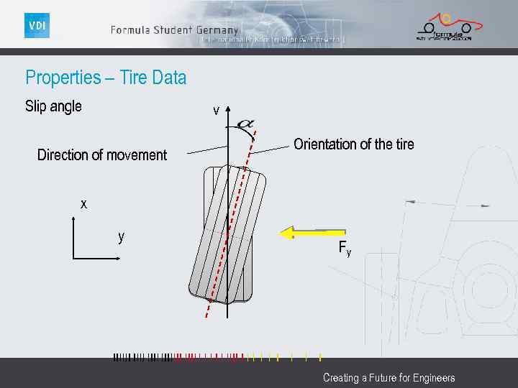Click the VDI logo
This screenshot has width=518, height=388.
[x=37, y=26]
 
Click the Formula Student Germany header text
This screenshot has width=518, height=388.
[x=174, y=30]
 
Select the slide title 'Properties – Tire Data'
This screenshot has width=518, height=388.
[x=106, y=78]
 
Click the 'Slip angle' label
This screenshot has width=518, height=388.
[x=53, y=106]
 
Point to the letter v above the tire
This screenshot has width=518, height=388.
[x=216, y=111]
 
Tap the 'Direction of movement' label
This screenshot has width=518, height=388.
[x=101, y=155]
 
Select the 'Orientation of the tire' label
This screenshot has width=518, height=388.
[x=353, y=144]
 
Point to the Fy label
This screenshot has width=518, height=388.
[x=345, y=249]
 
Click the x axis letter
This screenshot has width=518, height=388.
[x=83, y=204]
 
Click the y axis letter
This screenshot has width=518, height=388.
[x=122, y=236]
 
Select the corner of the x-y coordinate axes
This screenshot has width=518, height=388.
[x=74, y=257]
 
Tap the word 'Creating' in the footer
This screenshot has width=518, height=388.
[x=340, y=378]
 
